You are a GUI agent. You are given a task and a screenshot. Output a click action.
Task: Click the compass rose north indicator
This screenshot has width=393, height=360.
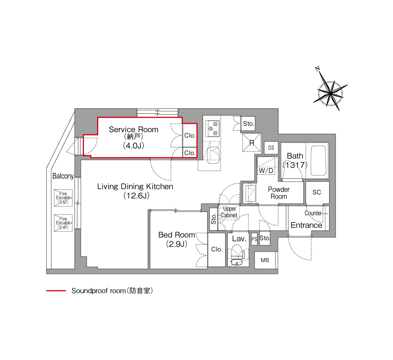[318, 69]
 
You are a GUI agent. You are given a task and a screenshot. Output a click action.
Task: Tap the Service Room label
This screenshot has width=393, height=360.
[133, 130]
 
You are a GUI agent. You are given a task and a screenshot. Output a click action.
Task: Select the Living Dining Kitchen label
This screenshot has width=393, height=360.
[135, 187]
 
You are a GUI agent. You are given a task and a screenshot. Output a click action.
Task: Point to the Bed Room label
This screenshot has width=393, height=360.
[176, 235]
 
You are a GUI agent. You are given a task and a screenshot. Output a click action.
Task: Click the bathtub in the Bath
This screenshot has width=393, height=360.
[318, 161]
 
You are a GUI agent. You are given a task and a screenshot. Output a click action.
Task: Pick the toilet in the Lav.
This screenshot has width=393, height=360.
[237, 254]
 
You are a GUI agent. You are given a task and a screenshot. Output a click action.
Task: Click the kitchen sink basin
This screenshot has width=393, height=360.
[213, 155]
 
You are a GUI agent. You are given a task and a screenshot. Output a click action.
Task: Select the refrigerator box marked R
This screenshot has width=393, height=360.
[252, 142]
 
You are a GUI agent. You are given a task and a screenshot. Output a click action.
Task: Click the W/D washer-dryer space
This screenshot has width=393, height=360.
[266, 166]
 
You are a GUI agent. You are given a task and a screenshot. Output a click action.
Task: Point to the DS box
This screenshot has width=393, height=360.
[271, 148]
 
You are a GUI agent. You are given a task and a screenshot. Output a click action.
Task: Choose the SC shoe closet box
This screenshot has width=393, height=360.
[317, 192]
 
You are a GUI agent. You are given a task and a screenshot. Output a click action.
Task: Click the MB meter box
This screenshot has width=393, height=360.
[265, 260]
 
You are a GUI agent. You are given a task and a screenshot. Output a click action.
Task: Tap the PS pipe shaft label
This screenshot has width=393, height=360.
[254, 239]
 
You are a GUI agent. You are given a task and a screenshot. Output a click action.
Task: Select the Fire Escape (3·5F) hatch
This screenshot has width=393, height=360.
[63, 198]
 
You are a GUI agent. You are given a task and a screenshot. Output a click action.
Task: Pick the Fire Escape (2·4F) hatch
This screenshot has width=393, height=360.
[63, 223]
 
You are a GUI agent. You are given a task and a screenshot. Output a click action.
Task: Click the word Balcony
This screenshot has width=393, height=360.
[63, 176]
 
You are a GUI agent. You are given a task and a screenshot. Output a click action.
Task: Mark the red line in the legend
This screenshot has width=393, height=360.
[56, 290]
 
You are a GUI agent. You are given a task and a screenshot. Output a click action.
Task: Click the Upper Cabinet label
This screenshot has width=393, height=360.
[229, 212]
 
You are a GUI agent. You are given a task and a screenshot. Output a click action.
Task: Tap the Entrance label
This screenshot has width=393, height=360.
[306, 225]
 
